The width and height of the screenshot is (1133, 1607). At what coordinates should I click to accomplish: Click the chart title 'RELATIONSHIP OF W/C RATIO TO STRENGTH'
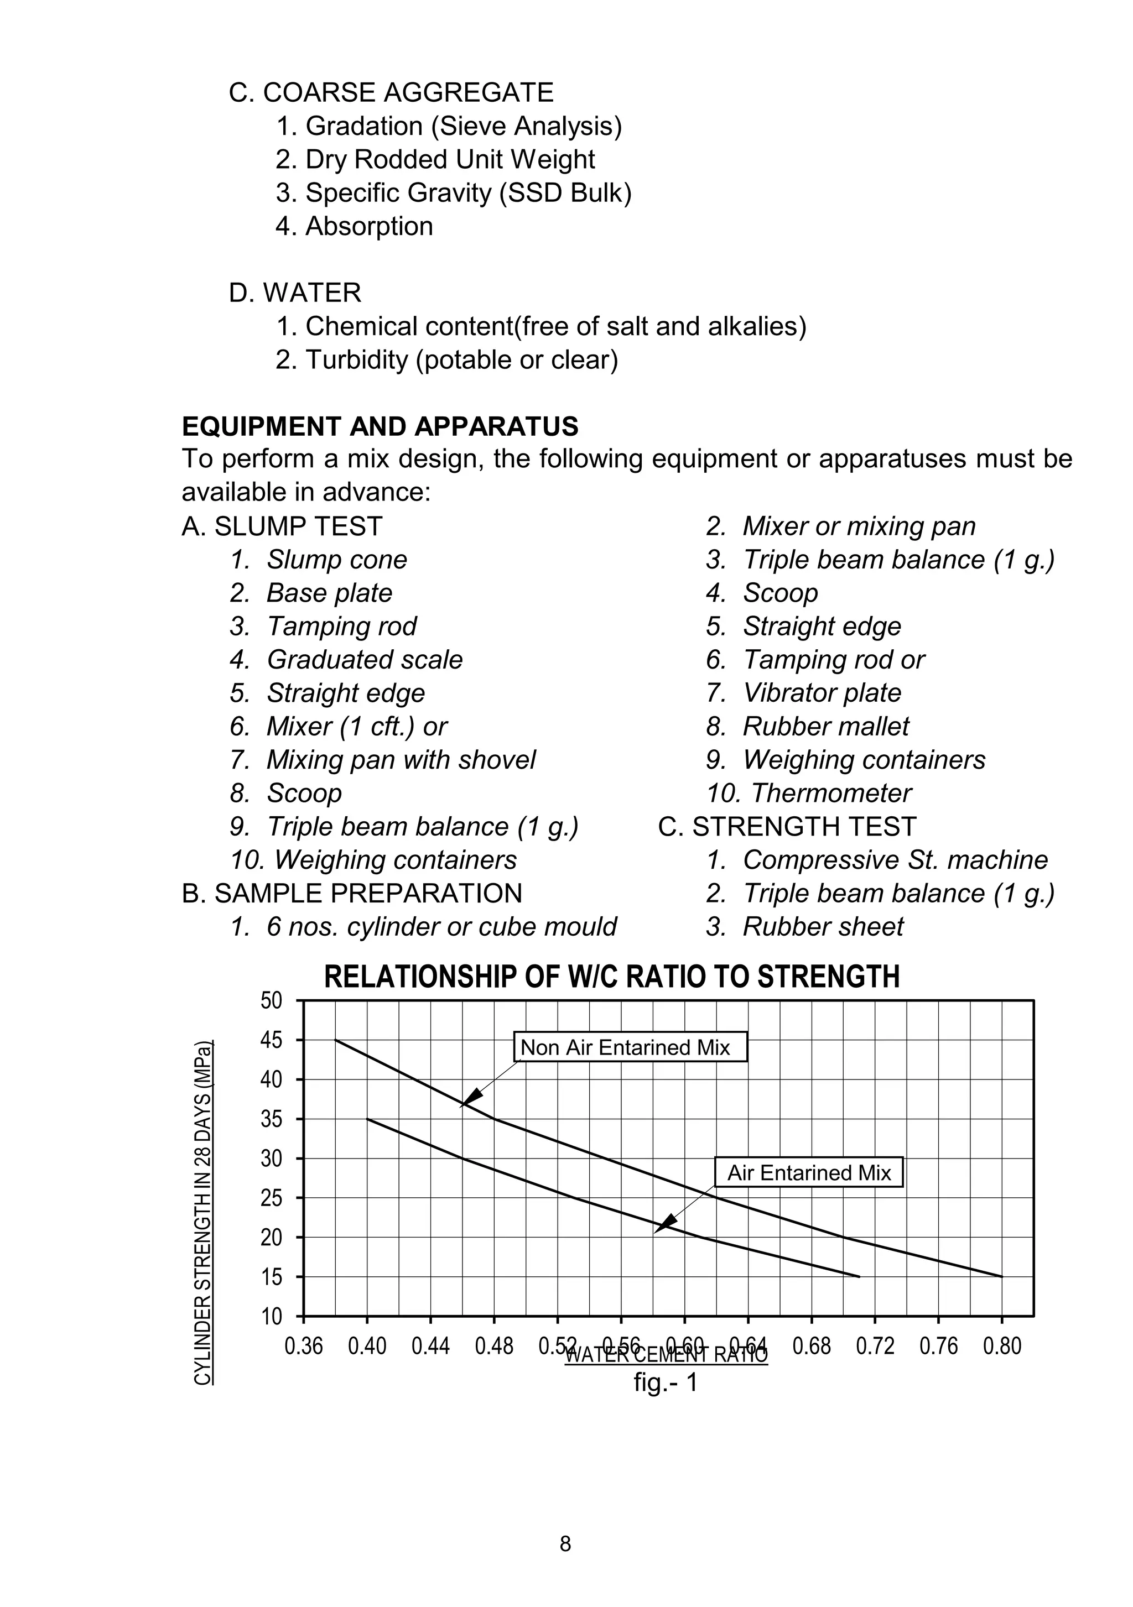(x=611, y=977)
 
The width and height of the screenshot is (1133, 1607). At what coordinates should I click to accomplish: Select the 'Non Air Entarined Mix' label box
(x=630, y=1048)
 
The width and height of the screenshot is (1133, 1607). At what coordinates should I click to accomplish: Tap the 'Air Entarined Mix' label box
(x=809, y=1172)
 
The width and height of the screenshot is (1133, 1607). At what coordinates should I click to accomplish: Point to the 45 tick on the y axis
(x=271, y=1041)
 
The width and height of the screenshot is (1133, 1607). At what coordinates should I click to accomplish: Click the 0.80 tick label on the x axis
(x=1002, y=1346)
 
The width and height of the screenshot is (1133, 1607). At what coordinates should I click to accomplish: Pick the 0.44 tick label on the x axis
(x=430, y=1346)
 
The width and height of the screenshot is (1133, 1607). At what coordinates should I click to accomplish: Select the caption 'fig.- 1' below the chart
(x=665, y=1382)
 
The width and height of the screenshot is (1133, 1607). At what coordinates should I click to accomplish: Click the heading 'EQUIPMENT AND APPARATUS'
(x=380, y=426)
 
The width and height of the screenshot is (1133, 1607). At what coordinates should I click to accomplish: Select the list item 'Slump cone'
(x=336, y=560)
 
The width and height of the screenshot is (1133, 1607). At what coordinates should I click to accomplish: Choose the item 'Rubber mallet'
(x=825, y=727)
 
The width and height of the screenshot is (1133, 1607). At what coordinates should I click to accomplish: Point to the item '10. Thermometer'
(x=809, y=794)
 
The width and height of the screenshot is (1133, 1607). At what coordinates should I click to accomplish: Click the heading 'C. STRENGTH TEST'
(x=787, y=827)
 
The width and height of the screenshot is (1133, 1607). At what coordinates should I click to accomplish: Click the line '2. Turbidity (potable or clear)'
(x=447, y=360)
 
